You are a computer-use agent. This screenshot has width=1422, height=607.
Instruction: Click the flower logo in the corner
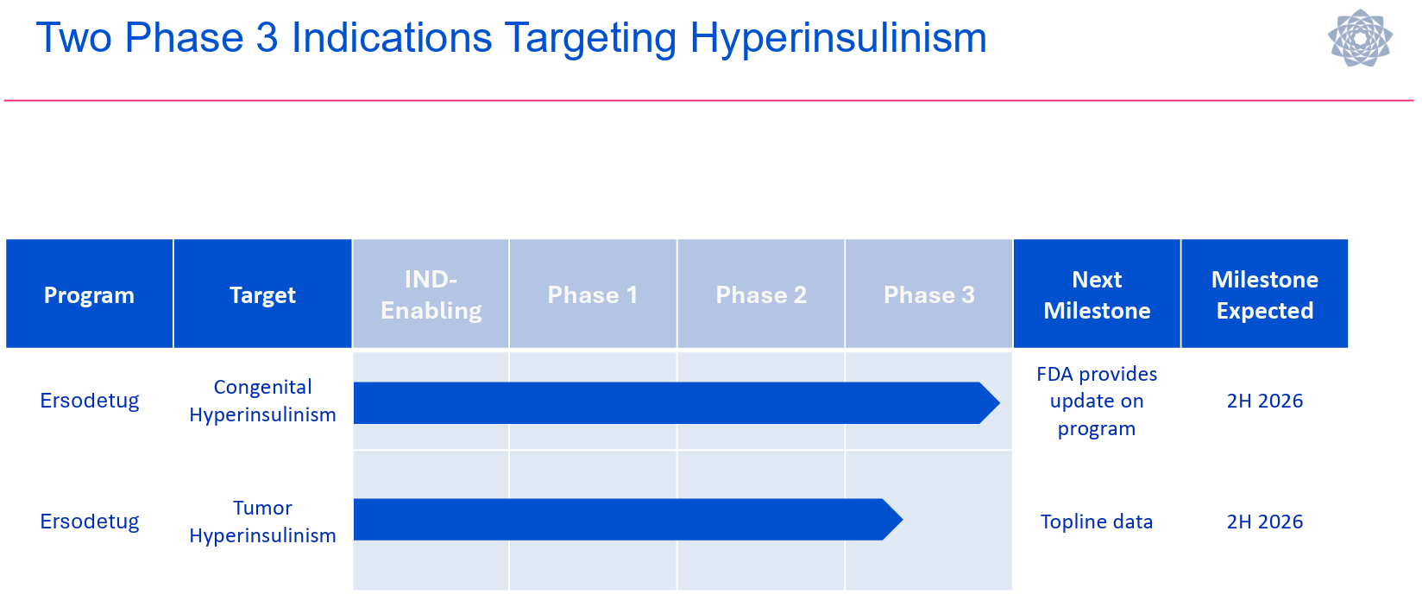pos(1361,38)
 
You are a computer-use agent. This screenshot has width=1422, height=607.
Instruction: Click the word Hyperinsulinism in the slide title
pos(838,39)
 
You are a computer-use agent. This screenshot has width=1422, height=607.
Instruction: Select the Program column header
pos(89,294)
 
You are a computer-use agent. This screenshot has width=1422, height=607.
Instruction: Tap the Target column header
pos(262,294)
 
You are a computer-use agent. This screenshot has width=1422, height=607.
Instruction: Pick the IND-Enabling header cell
pos(431,294)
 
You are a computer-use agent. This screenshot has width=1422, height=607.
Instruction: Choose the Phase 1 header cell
pos(592,294)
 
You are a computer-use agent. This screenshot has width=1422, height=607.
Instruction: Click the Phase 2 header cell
pos(760,294)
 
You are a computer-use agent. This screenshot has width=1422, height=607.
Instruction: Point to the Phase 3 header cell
pos(928,294)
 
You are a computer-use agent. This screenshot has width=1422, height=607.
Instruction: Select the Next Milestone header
pos(1097,294)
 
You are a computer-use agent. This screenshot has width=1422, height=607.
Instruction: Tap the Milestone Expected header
pos(1265,294)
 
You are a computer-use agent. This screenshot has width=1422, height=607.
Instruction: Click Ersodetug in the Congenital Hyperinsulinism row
pos(90,401)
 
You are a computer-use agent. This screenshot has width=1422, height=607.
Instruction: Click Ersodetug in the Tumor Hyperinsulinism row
pos(90,522)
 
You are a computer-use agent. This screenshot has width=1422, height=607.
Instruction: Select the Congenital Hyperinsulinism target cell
pos(262,401)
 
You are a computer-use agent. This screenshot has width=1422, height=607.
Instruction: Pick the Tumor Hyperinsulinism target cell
pos(262,522)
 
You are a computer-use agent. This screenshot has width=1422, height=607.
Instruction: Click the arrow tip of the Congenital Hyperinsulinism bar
pos(1000,402)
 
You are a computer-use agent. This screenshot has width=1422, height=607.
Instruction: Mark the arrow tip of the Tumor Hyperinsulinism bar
pos(902,520)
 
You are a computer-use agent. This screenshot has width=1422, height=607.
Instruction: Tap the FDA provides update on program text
pos(1097,402)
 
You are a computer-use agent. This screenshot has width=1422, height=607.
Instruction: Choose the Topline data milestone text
pos(1097,522)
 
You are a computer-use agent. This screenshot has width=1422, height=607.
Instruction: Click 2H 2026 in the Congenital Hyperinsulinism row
pos(1265,401)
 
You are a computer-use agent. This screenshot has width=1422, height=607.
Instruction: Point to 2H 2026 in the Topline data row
pos(1265,522)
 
